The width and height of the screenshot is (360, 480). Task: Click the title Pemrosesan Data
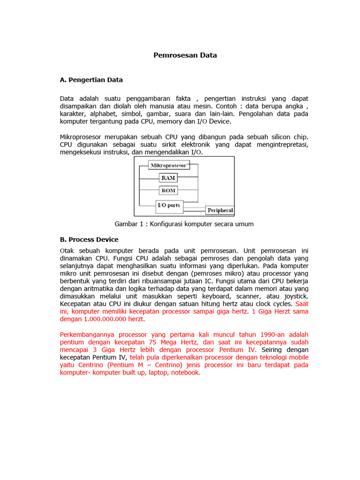coord(185,55)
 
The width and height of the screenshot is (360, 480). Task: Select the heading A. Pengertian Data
coord(91,80)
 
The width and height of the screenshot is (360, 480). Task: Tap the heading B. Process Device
coord(89,240)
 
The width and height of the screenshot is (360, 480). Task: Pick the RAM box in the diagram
coord(168,178)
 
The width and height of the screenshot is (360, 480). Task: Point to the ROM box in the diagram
coord(168,190)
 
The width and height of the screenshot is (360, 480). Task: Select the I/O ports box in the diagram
coord(169,205)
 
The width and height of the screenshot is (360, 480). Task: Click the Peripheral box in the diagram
coord(220,210)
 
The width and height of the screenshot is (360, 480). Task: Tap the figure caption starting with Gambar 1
coord(184,224)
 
